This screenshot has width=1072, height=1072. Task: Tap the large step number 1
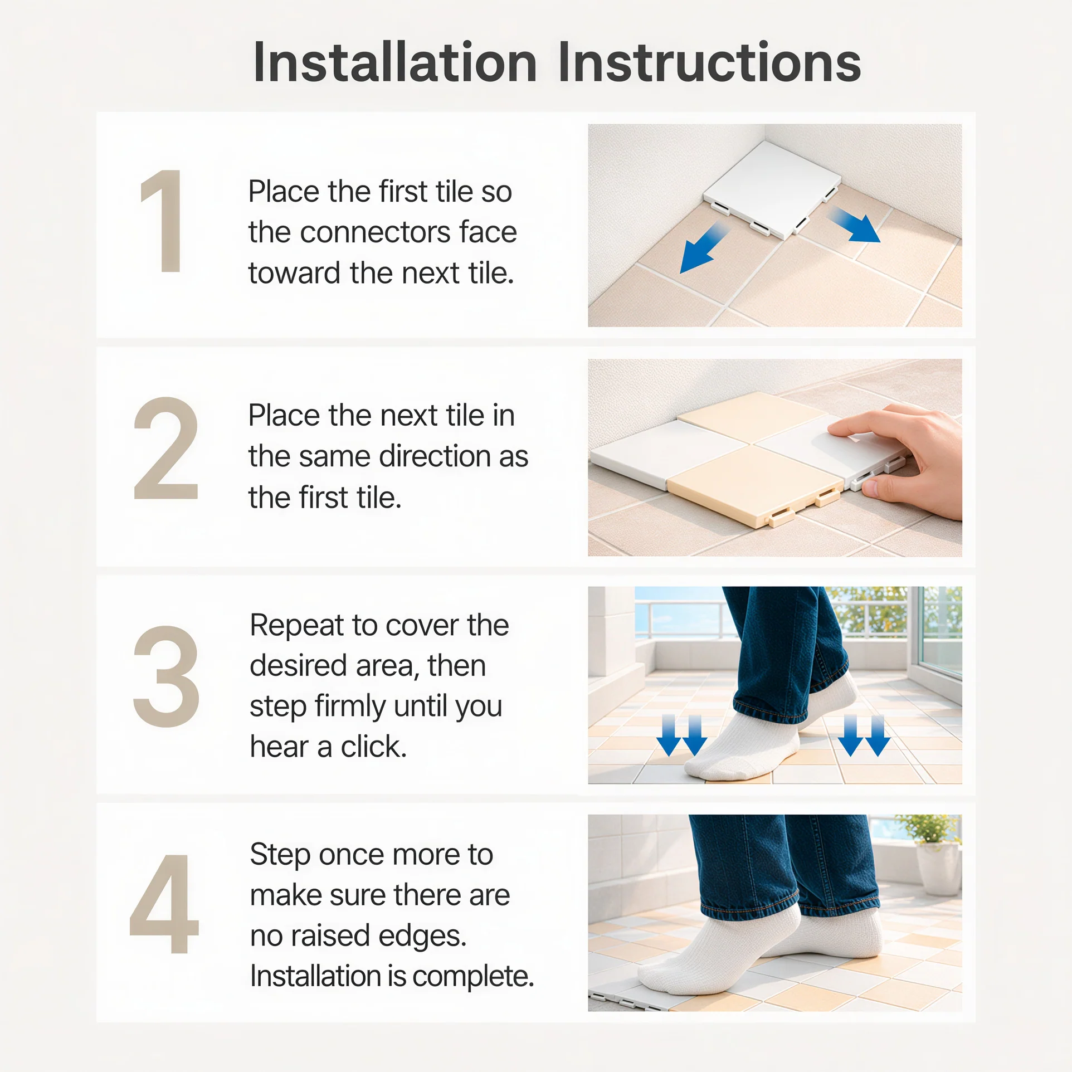point(162,221)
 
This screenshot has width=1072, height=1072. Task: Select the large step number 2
point(166,448)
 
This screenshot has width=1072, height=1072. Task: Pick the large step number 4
point(164,904)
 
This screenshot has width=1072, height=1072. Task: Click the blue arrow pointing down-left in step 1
point(704,247)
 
